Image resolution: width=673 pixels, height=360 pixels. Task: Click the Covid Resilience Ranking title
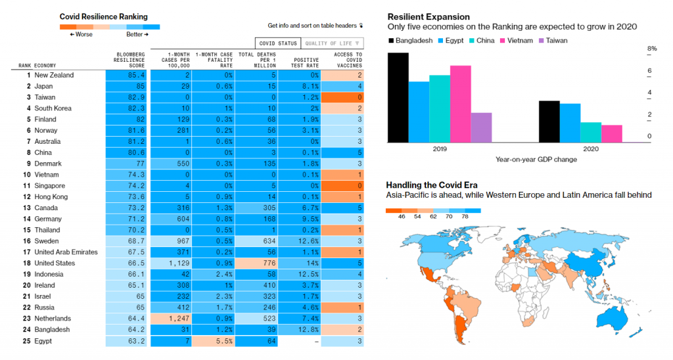coord(103,16)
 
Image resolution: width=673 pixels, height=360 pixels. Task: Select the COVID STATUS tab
coord(278,43)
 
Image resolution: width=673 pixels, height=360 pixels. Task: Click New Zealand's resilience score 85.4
coord(128,75)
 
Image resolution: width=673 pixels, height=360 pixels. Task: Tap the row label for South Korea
coord(53,108)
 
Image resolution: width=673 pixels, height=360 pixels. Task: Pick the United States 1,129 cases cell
coord(171,263)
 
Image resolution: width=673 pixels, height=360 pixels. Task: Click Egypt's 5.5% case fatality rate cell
coord(214,341)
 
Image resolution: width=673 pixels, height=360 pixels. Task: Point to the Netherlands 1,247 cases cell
coord(171,319)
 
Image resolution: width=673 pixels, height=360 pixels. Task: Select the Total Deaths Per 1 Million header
coord(256,60)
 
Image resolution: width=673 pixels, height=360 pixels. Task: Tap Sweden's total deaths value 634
coord(256,241)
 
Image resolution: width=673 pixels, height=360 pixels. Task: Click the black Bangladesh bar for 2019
coord(398,97)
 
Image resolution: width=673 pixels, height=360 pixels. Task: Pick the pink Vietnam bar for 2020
coord(611,133)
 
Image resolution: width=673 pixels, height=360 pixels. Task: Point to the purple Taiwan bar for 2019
coord(481,127)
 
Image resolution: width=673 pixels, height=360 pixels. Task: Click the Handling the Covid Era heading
coord(432,185)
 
